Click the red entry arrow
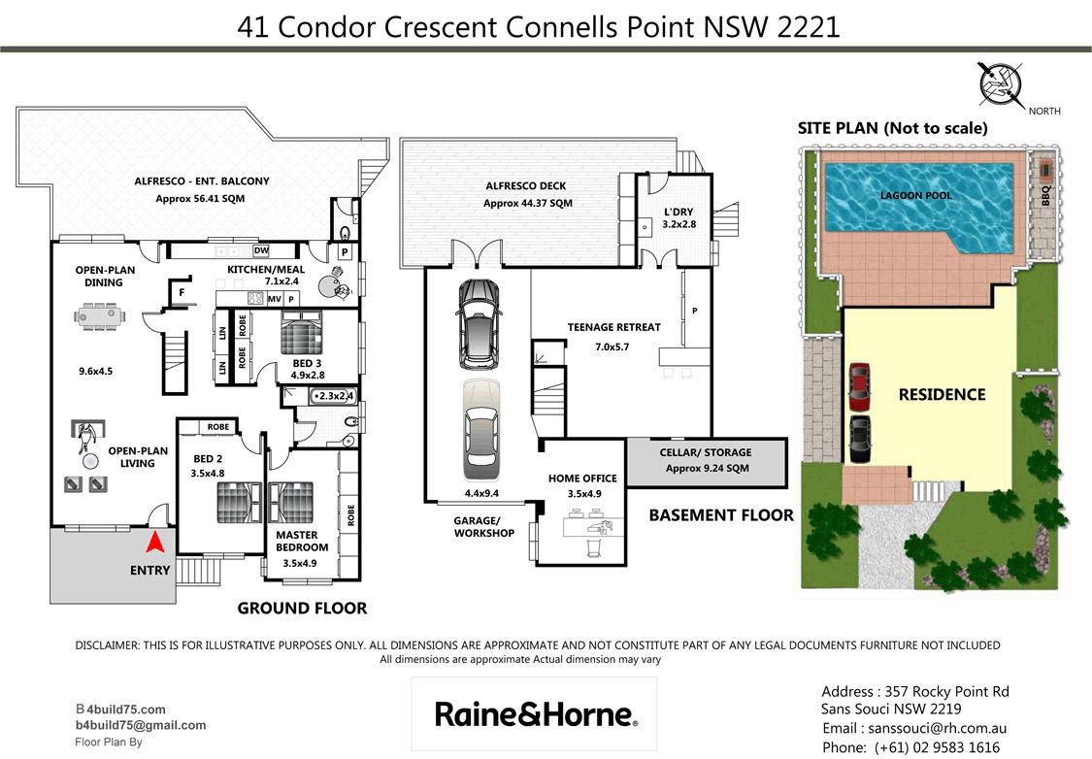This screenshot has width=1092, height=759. tap(156, 542)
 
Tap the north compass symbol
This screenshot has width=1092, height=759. tap(1001, 84)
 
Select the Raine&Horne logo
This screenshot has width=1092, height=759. tap(534, 714)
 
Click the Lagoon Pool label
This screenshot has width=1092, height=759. tap(915, 196)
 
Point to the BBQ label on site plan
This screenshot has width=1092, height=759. tap(1045, 194)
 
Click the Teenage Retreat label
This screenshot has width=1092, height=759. tap(613, 327)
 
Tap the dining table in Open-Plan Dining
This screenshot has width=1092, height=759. tap(100, 316)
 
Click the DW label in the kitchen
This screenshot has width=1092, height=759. tap(261, 250)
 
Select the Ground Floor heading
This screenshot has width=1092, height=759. tap(302, 608)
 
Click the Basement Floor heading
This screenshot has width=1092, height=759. tap(721, 515)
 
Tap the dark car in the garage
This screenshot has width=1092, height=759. tap(479, 324)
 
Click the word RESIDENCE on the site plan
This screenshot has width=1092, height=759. tap(942, 395)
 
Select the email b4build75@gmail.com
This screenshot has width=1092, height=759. tap(141, 726)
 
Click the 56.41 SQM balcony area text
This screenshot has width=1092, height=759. tap(200, 198)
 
